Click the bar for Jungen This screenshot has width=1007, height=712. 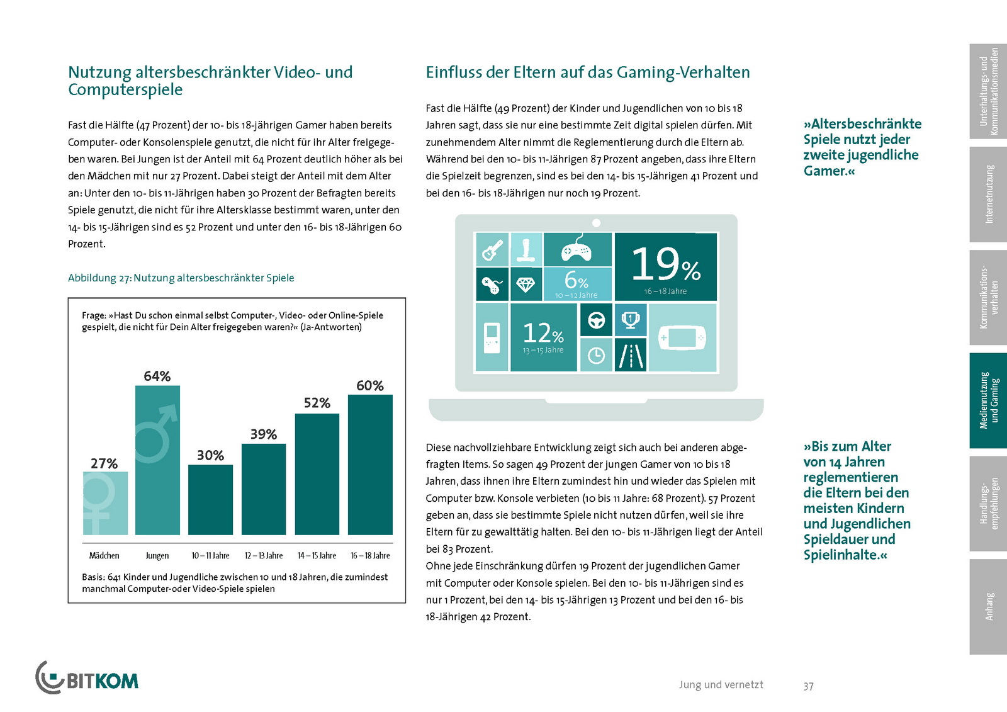[157, 460]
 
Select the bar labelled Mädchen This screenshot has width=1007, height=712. [105, 503]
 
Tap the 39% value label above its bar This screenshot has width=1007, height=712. [263, 434]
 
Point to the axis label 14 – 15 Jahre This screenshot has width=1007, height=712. [317, 556]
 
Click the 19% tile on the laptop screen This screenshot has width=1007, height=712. [665, 267]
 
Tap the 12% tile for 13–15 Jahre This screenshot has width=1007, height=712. [543, 337]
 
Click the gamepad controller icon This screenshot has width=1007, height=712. [577, 250]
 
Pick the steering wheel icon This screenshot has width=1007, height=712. [596, 320]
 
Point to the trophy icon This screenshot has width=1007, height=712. [630, 320]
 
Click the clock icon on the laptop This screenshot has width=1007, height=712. [596, 356]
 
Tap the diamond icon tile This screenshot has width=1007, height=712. [526, 285]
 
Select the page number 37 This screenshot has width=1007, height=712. [808, 686]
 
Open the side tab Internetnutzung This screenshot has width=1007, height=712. [988, 195]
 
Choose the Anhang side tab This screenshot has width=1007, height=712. [988, 606]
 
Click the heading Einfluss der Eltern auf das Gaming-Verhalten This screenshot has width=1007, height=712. [587, 72]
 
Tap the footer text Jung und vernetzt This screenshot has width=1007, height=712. [721, 685]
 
